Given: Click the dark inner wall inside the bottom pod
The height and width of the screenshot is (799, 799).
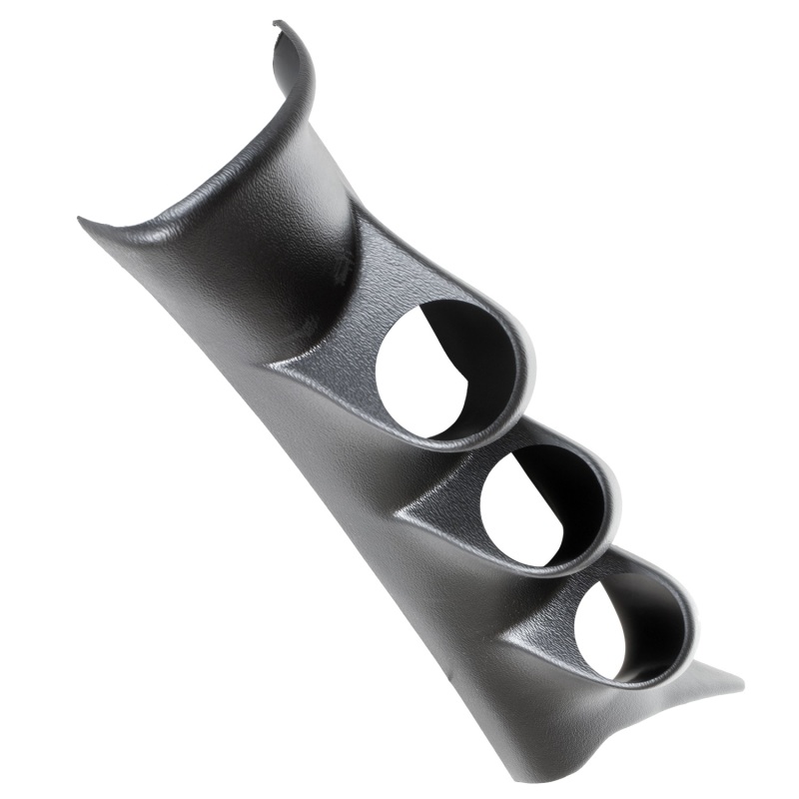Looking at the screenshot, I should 649,609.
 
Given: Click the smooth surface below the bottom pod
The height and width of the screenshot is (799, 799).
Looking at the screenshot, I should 559,719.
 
